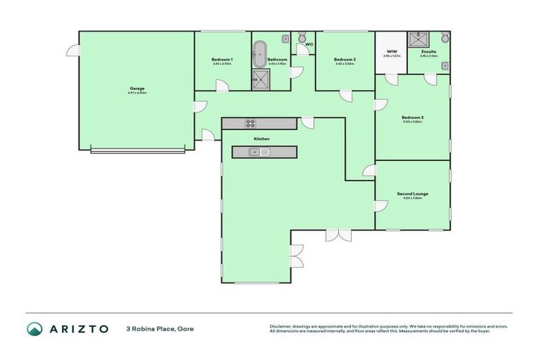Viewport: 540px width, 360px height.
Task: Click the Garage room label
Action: [136, 89]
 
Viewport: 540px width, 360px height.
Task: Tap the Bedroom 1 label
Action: [221, 60]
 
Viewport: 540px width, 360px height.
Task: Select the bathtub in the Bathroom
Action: [259, 53]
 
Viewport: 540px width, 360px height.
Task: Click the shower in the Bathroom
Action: [259, 79]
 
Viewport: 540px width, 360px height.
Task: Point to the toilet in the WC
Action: [301, 38]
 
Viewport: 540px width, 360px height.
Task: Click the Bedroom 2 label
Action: [345, 60]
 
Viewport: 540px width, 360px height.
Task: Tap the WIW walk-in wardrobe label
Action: [392, 51]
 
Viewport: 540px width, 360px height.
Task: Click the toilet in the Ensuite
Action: [444, 38]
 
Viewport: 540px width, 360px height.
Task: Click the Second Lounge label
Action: [412, 193]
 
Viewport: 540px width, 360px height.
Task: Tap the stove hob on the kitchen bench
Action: [250, 124]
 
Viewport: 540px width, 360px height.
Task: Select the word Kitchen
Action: [261, 139]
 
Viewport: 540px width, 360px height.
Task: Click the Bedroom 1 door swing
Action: [221, 86]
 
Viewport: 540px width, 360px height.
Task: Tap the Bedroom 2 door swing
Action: [345, 96]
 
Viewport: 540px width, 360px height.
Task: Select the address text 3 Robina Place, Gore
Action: [160, 328]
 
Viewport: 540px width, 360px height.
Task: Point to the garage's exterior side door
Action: [72, 50]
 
